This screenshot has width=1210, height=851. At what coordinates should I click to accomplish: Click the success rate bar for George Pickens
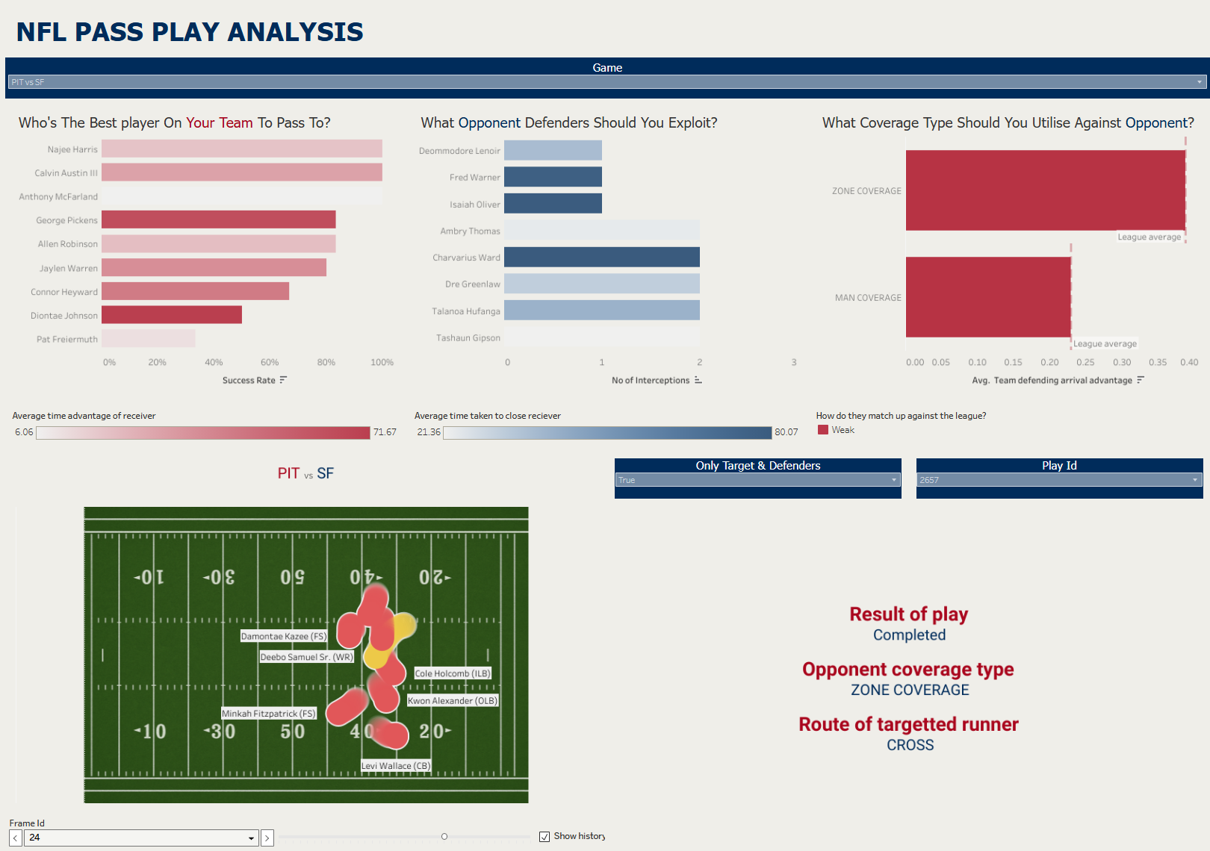(218, 219)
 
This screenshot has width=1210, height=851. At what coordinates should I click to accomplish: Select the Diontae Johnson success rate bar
(172, 315)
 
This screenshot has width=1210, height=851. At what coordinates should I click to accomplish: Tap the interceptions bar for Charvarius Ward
(601, 258)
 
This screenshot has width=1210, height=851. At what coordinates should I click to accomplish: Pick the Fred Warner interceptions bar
(553, 177)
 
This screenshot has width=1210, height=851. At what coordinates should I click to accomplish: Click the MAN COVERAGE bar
(987, 297)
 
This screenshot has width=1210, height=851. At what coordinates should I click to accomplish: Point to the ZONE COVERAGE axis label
(866, 191)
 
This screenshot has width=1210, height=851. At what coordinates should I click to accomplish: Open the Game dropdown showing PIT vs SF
(606, 82)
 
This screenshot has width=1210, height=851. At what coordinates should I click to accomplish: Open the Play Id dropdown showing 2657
(1058, 480)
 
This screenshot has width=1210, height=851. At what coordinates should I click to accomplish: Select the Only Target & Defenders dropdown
(757, 480)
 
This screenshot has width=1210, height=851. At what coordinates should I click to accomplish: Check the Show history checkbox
(544, 837)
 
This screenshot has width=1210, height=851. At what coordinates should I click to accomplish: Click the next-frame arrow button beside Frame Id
(267, 838)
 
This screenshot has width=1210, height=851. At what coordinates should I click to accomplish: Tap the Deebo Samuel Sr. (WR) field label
(306, 657)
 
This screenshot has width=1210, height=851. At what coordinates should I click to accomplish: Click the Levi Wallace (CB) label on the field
(396, 766)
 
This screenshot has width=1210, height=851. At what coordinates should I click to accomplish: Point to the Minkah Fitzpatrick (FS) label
(269, 714)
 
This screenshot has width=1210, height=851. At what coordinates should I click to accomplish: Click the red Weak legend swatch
(823, 430)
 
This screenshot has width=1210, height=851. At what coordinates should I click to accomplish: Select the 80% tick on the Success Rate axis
(326, 363)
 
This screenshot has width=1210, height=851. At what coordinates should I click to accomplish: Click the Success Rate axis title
(249, 381)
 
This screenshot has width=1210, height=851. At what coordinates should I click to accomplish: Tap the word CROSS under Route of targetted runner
(910, 745)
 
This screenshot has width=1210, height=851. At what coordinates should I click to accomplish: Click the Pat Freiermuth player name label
(67, 340)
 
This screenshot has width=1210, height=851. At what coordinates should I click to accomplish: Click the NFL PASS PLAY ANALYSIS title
(190, 32)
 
